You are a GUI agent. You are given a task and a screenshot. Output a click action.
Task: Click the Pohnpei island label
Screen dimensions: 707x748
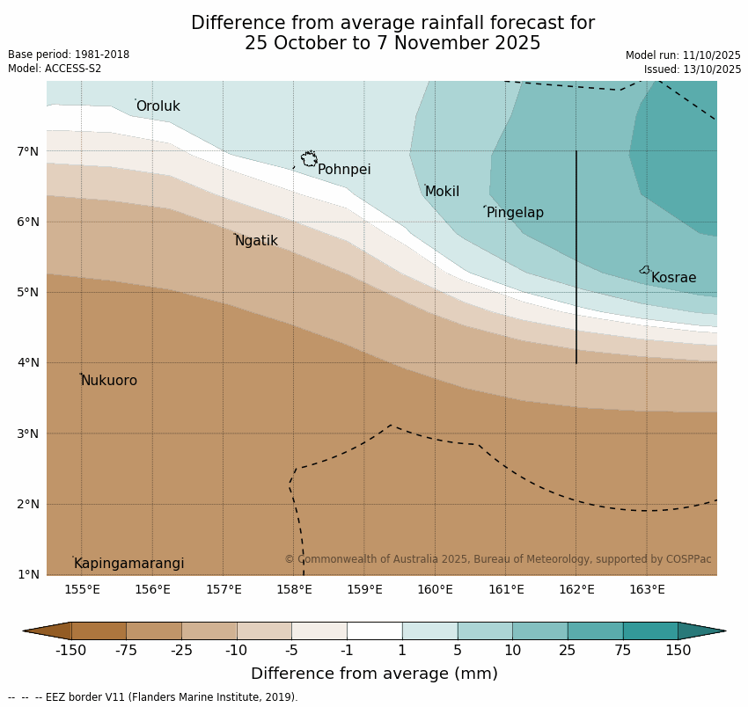(x=344, y=170)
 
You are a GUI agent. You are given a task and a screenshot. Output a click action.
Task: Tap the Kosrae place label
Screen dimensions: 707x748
(x=673, y=278)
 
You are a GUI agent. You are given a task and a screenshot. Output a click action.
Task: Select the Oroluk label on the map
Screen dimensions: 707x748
(x=158, y=106)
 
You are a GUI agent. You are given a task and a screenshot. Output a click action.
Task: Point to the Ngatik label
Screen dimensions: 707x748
(x=256, y=241)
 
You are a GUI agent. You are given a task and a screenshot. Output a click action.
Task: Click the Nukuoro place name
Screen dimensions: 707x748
(x=109, y=381)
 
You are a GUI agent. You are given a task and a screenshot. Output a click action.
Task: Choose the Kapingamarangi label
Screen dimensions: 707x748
(x=129, y=564)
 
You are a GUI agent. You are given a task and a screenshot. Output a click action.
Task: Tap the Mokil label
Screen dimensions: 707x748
(x=442, y=192)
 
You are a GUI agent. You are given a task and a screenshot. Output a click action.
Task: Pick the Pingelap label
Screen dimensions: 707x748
(x=515, y=213)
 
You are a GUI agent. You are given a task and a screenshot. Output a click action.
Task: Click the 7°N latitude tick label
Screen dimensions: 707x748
(x=28, y=151)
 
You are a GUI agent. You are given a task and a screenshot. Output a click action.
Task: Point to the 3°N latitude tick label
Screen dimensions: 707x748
(x=28, y=434)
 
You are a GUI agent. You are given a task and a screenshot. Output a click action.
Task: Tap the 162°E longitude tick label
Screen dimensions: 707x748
(x=576, y=589)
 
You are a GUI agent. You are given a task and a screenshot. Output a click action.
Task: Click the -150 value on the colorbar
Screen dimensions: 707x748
(x=71, y=651)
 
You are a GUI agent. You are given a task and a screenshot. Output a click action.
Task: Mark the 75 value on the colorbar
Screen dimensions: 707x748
(x=623, y=651)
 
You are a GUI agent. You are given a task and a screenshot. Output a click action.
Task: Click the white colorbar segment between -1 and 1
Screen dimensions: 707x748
(x=374, y=630)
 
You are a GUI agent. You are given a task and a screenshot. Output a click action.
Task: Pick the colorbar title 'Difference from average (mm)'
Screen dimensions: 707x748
(x=374, y=674)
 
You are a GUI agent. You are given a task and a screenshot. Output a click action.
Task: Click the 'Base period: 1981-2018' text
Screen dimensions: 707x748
(x=69, y=55)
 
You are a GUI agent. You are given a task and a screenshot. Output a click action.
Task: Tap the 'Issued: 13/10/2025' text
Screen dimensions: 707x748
(x=692, y=69)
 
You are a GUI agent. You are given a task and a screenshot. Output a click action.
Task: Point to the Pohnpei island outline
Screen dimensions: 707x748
(x=309, y=159)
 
